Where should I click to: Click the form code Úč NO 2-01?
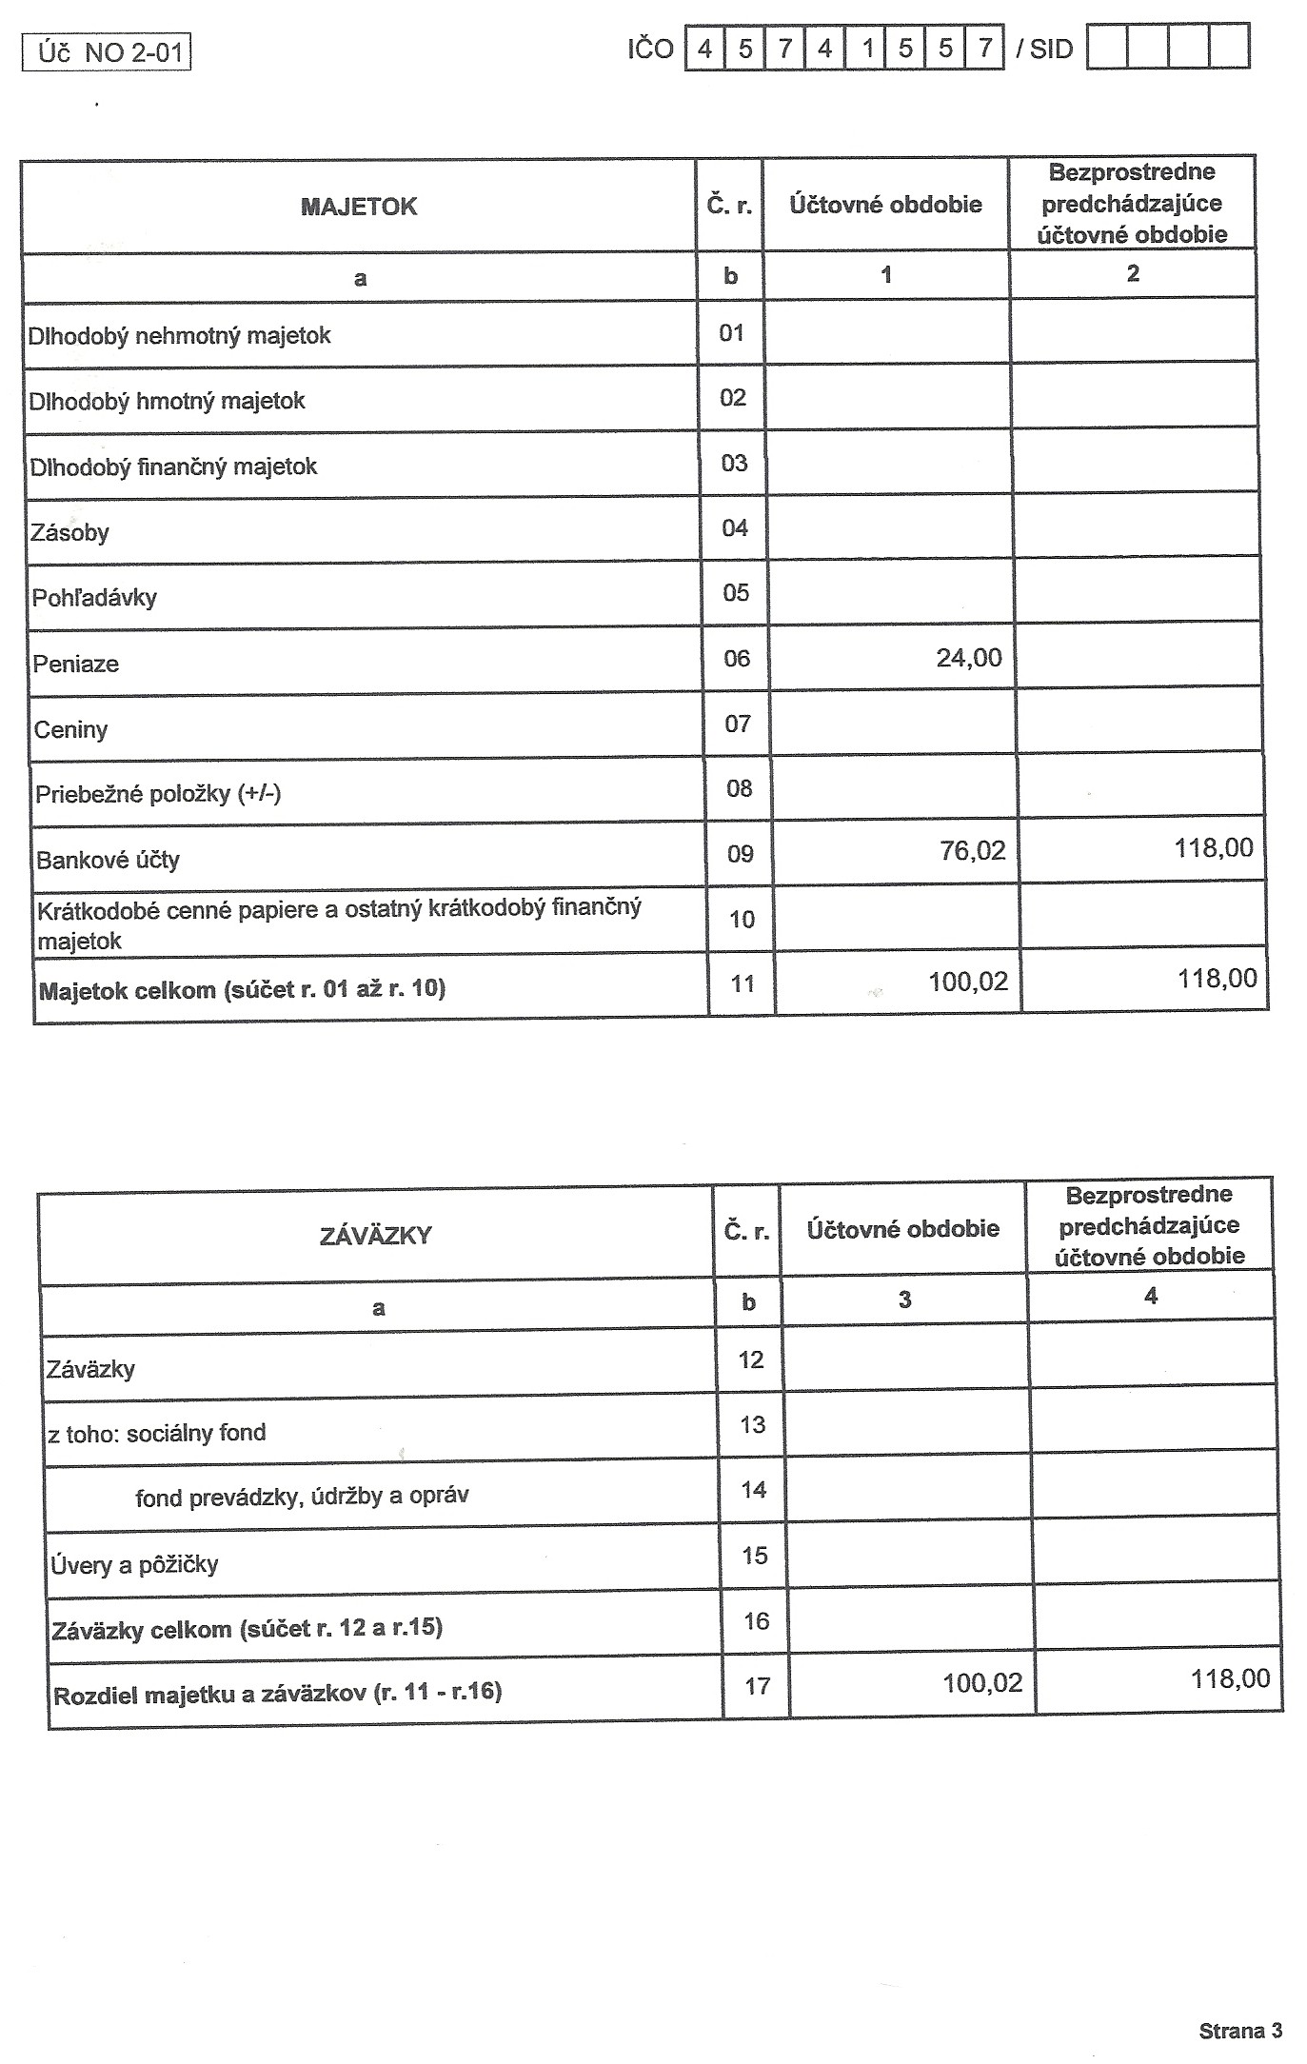108,51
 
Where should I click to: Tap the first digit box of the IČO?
704,48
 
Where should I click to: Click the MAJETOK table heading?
359,207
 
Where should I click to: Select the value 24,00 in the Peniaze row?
969,658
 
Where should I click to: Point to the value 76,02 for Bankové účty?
972,850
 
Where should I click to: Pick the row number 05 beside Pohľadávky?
736,593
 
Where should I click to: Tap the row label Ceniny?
70,730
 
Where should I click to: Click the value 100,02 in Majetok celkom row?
968,982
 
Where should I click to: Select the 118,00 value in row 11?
1217,979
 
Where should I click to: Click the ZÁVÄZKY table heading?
376,1236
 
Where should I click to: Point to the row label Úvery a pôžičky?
134,1564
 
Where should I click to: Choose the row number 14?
754,1490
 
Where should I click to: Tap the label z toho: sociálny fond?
157,1433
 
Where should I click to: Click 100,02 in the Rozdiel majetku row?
982,1683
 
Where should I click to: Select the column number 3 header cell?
904,1300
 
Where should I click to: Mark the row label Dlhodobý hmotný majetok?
167,401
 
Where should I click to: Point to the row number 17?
757,1686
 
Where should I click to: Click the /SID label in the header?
1044,49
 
